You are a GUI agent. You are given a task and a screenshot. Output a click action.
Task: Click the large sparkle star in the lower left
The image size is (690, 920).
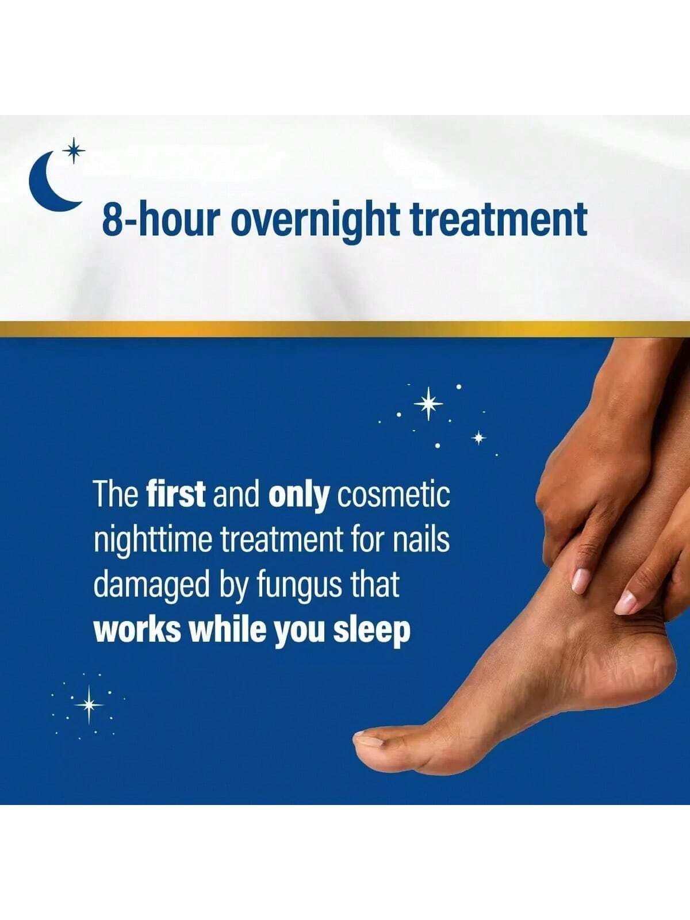(89, 705)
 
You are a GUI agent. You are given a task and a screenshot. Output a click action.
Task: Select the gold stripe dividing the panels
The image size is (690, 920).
(345, 328)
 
